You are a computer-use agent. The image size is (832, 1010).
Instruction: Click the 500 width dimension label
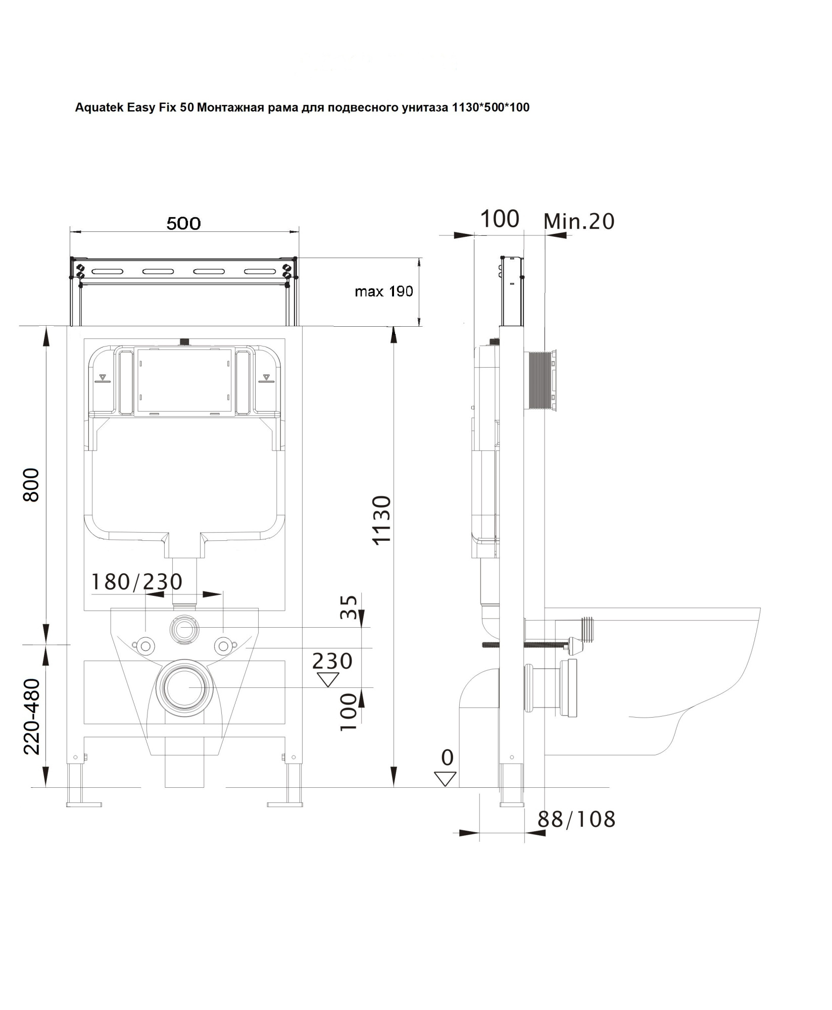183,223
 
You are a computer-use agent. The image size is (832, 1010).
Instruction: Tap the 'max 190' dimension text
383,291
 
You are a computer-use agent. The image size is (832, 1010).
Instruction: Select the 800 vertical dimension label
31,485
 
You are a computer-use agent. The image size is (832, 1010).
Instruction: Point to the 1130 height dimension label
382,520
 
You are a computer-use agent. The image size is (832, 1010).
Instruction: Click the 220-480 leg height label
32,716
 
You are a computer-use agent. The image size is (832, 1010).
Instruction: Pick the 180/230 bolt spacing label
136,582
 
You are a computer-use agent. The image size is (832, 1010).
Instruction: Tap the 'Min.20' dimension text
579,221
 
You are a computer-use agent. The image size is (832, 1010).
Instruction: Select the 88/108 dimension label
576,820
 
